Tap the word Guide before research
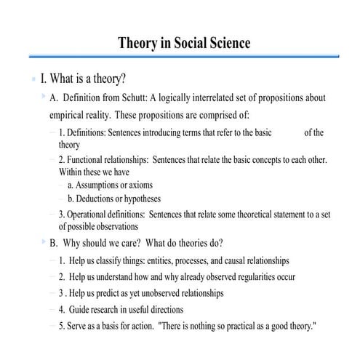coord(80,310)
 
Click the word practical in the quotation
coord(240,327)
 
